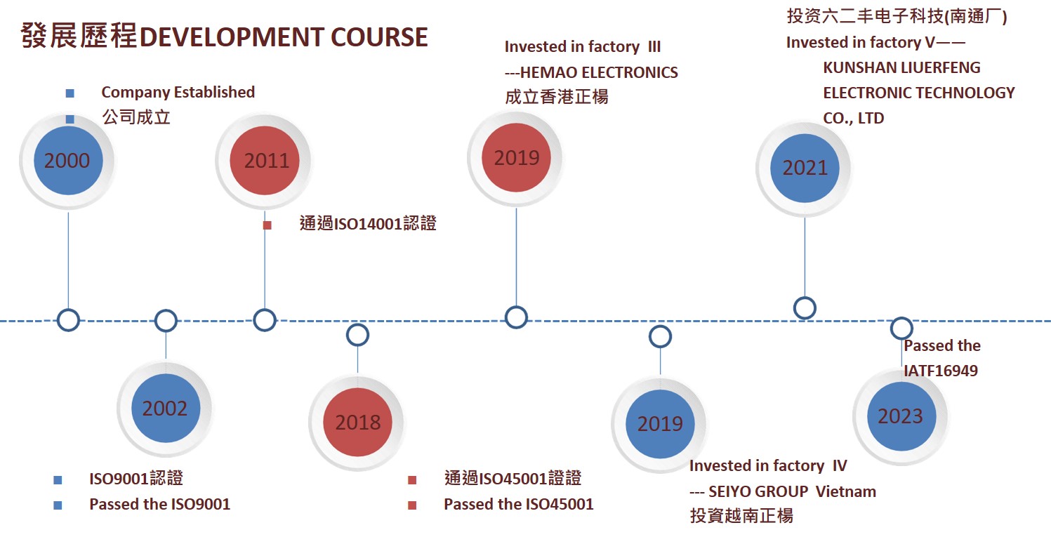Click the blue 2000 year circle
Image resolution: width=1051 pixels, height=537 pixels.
tap(67, 161)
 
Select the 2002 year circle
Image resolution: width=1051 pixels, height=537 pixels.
tap(165, 409)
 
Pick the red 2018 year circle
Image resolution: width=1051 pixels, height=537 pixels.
tap(357, 422)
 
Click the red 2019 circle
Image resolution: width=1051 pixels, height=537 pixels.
tap(516, 158)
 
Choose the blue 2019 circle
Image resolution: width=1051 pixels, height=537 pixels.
tap(660, 423)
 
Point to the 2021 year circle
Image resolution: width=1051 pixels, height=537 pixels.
tap(805, 168)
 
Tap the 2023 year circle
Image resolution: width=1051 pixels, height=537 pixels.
tap(901, 416)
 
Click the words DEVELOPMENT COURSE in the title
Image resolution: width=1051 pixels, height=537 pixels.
tap(284, 37)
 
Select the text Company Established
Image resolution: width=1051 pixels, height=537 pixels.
tap(178, 92)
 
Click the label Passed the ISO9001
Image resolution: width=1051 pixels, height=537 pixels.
tap(159, 504)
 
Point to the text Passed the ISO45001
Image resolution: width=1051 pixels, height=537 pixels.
tap(518, 504)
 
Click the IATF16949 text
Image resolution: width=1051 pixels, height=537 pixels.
tap(941, 370)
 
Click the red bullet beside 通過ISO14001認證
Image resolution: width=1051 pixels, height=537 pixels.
tap(267, 225)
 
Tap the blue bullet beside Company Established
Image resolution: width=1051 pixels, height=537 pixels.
tap(70, 93)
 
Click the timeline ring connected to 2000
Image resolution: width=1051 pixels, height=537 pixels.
tap(68, 320)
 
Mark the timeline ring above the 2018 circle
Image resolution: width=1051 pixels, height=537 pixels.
tap(357, 335)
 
